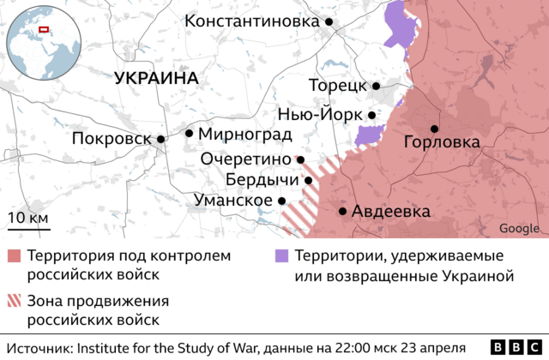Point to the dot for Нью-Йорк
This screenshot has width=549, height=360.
(x=371, y=115)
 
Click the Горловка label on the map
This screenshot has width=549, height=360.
(x=441, y=142)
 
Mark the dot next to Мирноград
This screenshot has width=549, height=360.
(x=189, y=133)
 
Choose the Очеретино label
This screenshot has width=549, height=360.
(x=246, y=159)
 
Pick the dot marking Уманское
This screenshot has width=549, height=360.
(x=281, y=200)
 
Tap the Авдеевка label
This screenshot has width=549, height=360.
(x=391, y=212)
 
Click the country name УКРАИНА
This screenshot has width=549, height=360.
(x=155, y=78)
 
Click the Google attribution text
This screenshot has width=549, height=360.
(x=519, y=228)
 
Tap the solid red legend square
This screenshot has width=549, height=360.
(x=14, y=256)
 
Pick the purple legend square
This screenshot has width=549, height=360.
(x=281, y=256)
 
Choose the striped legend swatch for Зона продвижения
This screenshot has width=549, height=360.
(x=14, y=302)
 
